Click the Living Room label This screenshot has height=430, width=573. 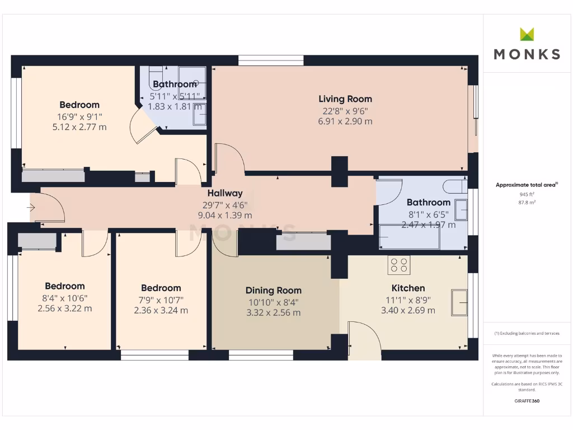click(345, 99)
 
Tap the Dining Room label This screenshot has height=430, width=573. click(273, 290)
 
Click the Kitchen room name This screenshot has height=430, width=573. click(407, 288)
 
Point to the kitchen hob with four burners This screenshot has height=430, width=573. click(399, 265)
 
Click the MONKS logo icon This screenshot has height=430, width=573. click(527, 34)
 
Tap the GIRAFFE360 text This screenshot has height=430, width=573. click(527, 401)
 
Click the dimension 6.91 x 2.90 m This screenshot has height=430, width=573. click(345, 121)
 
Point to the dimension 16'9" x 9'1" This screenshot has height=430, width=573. click(79, 116)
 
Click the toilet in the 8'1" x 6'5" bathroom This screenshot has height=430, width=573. click(455, 185)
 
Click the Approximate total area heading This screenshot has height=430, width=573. click(527, 185)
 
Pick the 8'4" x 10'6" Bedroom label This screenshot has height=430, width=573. click(65, 286)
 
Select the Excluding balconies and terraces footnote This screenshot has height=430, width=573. click(527, 333)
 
